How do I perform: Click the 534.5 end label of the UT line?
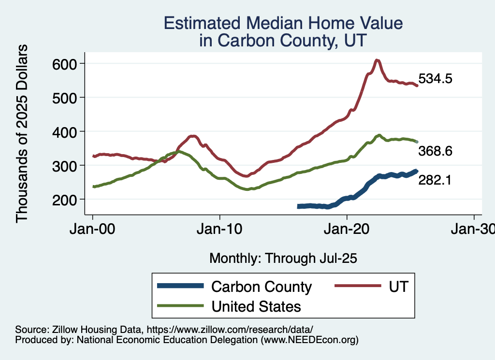435,79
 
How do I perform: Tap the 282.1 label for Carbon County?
435,181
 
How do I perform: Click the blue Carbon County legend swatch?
180,287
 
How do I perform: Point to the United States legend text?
256,306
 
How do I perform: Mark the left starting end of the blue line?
299,206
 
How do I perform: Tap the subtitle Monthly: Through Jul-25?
283,259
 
